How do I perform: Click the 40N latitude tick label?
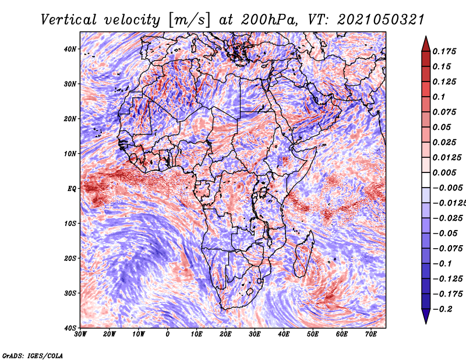coord(70,49)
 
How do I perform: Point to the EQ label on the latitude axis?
coord(72,189)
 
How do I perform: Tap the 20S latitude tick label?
coord(70,258)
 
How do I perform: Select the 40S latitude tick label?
coord(70,328)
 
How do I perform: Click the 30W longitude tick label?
coord(80,334)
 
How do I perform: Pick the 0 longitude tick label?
coord(168,334)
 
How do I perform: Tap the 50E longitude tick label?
coord(313,334)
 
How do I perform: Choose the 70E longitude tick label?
coord(371,334)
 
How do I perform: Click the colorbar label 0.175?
coord(444,51)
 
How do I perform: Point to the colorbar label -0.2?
coord(443,309)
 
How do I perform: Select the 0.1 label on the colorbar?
coord(439,97)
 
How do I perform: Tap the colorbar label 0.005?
coord(444,172)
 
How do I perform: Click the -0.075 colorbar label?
coord(448,248)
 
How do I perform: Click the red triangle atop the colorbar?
coord(426,45)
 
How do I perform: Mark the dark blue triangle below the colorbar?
coord(426,316)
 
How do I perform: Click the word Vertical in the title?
coord(69,20)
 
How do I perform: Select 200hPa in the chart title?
coord(269,20)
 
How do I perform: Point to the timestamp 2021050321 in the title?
coord(380,20)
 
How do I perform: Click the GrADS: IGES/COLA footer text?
coord(33,355)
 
